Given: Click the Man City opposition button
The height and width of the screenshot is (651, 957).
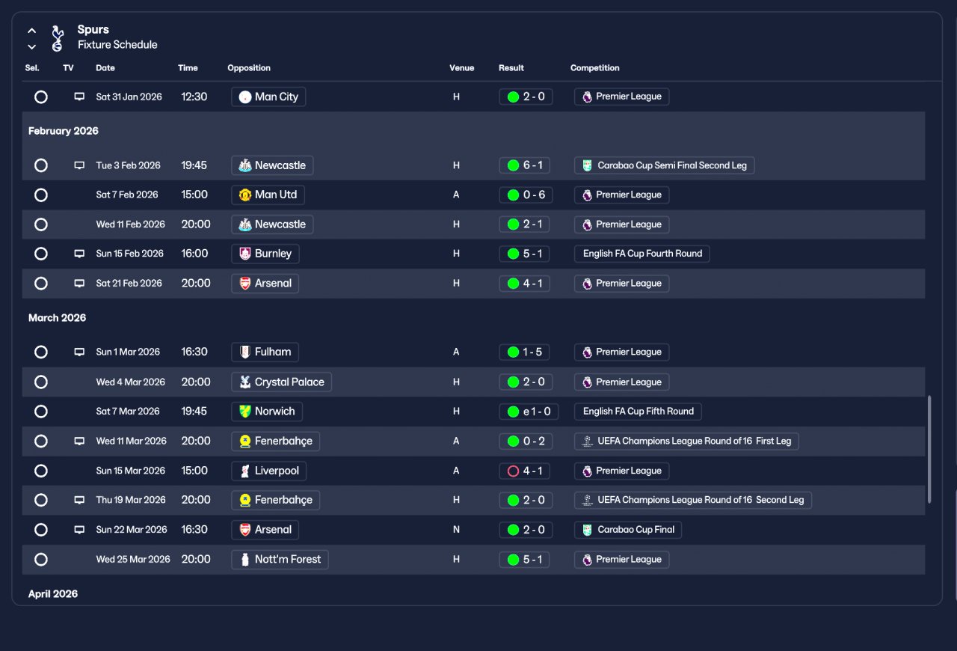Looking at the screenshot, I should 268,97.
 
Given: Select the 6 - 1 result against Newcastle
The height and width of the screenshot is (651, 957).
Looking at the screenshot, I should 526,165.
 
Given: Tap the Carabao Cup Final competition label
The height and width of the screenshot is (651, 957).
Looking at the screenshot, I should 627,530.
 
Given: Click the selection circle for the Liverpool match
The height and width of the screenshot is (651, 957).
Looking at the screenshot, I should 41,471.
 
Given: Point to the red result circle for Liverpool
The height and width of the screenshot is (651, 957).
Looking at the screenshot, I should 513,471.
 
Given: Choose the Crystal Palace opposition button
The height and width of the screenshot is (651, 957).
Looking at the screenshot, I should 281,382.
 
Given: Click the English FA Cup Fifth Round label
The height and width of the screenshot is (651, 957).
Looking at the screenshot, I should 638,411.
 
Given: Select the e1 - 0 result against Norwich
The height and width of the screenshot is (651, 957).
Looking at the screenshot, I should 526,411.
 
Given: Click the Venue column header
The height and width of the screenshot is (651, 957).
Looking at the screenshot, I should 461,68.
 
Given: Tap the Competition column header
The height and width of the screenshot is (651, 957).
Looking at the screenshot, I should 594,68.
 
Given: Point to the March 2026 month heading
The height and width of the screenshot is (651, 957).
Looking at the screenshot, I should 57,318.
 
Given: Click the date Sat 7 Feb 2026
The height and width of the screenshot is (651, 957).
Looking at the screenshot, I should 127,195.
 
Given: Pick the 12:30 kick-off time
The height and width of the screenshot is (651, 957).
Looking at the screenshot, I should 194,97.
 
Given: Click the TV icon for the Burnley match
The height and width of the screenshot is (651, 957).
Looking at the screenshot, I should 79,254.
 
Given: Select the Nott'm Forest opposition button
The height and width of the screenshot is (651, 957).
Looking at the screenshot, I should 280,559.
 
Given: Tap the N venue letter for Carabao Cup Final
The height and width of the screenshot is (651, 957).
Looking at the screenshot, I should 456,530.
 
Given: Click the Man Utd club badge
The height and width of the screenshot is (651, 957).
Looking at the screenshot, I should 245,195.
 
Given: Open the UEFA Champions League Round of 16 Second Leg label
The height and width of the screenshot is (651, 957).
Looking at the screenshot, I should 692,500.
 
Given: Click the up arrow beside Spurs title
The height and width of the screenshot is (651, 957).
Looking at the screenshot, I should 31,31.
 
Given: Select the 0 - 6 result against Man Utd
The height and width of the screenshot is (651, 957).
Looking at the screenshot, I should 526,195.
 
